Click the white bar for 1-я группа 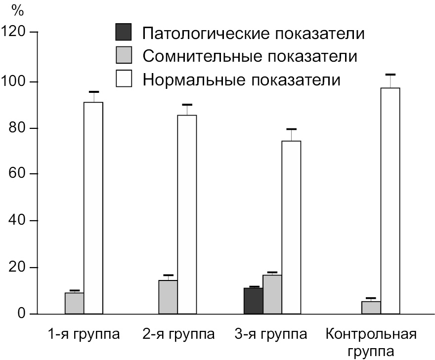coord(93,207)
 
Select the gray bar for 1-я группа coord(74,303)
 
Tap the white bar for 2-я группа coord(187,214)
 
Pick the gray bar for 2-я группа coord(168,297)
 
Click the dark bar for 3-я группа coord(253,301)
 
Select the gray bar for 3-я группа coord(272,294)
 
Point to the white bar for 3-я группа coord(291,227)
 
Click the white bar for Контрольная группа coord(390,200)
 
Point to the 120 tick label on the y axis coord(14,33)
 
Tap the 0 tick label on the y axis coord(22,314)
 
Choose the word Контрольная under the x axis coord(371,334)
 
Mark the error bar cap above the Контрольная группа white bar coord(390,75)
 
